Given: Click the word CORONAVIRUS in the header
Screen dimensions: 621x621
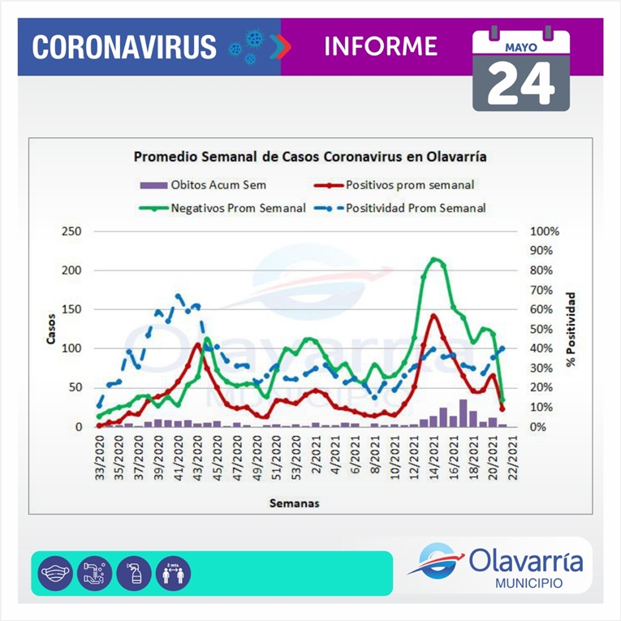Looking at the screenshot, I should click(x=124, y=46).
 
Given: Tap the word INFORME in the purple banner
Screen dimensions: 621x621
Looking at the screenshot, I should click(x=380, y=45).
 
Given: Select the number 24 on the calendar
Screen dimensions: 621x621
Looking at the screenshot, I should click(x=521, y=81).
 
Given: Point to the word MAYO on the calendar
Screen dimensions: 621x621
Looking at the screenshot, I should click(x=520, y=47).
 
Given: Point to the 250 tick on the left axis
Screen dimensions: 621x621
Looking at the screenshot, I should click(x=71, y=231).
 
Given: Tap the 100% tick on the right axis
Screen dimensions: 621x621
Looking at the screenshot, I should click(x=546, y=231).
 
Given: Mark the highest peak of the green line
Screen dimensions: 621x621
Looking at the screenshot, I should click(x=435, y=260).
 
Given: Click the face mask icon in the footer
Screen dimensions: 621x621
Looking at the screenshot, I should click(x=55, y=573).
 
